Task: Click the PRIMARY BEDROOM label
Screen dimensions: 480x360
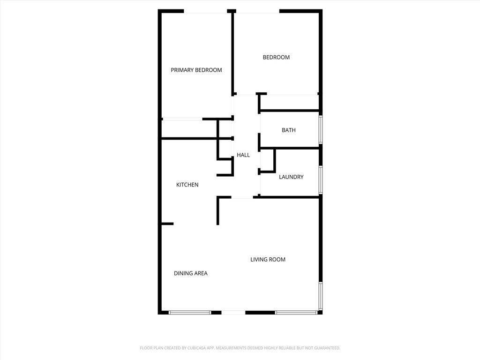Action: click(x=196, y=70)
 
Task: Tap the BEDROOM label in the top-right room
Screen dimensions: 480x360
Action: click(x=276, y=57)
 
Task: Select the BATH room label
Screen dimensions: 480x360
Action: click(x=289, y=130)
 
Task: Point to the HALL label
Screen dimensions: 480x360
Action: click(x=243, y=155)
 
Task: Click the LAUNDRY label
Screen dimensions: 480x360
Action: click(x=291, y=177)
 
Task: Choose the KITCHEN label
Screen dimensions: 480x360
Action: click(x=187, y=185)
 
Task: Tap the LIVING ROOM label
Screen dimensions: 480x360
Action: click(x=268, y=260)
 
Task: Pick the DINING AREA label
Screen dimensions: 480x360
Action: click(x=191, y=273)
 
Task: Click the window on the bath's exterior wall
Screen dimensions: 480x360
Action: click(x=321, y=129)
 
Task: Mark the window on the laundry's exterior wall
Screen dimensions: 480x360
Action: click(x=321, y=180)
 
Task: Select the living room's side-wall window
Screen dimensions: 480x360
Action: click(x=321, y=296)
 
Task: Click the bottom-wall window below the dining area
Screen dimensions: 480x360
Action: click(x=190, y=313)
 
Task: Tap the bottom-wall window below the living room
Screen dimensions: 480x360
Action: click(x=296, y=313)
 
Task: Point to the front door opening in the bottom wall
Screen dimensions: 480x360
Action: click(x=233, y=313)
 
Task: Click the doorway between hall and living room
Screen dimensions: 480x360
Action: click(x=242, y=197)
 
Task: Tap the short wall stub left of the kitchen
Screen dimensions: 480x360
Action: click(x=167, y=224)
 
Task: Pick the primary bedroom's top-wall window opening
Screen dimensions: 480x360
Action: click(x=205, y=11)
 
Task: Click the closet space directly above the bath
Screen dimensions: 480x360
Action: click(x=289, y=102)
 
